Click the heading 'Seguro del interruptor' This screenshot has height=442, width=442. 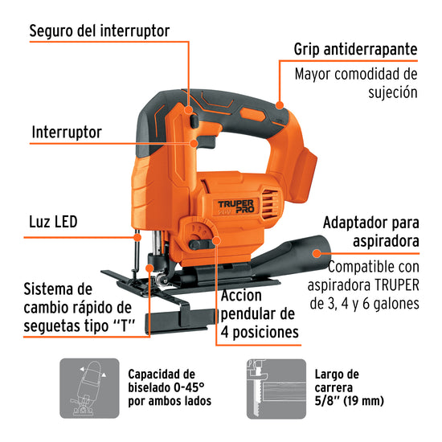pyautogui.click(x=100, y=31)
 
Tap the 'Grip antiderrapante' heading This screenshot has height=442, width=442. pyautogui.click(x=355, y=49)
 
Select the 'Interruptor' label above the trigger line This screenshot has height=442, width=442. pyautogui.click(x=67, y=133)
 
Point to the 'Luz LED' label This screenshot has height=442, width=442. pyautogui.click(x=53, y=222)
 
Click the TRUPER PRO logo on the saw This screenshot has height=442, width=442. pyautogui.click(x=236, y=207)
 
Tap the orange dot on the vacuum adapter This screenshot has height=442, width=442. pyautogui.click(x=317, y=253)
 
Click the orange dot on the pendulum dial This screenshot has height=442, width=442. pyautogui.click(x=216, y=240)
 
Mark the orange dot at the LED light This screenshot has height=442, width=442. pyautogui.click(x=137, y=237)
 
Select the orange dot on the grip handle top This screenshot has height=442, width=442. pyautogui.click(x=280, y=105)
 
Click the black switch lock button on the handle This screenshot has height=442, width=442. pyautogui.click(x=194, y=121)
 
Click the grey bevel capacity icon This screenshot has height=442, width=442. pyautogui.click(x=89, y=388)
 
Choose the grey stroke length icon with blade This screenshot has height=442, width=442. pyautogui.click(x=276, y=389)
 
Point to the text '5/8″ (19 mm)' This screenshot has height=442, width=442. pyautogui.click(x=350, y=400)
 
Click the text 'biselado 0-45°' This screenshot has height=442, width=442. pyautogui.click(x=166, y=387)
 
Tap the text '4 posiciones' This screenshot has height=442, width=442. pyautogui.click(x=260, y=332)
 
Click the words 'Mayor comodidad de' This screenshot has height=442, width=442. pyautogui.click(x=356, y=74)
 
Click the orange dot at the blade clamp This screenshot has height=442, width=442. pyautogui.click(x=149, y=268)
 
